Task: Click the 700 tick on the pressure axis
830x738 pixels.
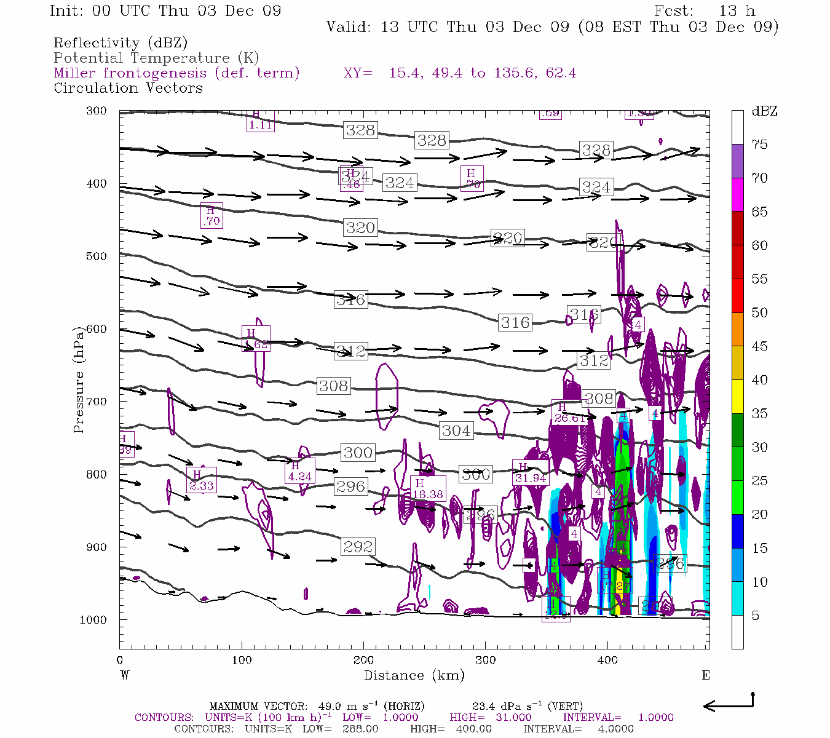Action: pos(96,402)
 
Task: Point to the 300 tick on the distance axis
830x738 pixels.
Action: pos(485,661)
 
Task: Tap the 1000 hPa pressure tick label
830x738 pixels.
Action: pos(93,620)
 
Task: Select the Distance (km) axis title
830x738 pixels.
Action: pos(414,675)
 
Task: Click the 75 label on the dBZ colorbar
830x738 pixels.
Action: pos(759,145)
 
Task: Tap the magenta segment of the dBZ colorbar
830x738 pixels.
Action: pos(737,194)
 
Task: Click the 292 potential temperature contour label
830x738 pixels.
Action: pos(358,547)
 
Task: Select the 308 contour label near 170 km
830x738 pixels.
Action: pos(334,386)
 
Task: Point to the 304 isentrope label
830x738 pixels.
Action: pos(456,430)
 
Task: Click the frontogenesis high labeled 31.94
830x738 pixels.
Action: pos(530,474)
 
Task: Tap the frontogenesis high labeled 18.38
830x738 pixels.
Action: pos(427,490)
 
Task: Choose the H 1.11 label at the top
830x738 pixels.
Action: pos(260,121)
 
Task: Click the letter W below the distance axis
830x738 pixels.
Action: pos(125,675)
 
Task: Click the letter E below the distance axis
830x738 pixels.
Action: pos(706,675)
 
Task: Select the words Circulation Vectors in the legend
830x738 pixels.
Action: pos(128,88)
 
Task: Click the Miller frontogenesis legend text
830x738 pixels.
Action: pos(176,73)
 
